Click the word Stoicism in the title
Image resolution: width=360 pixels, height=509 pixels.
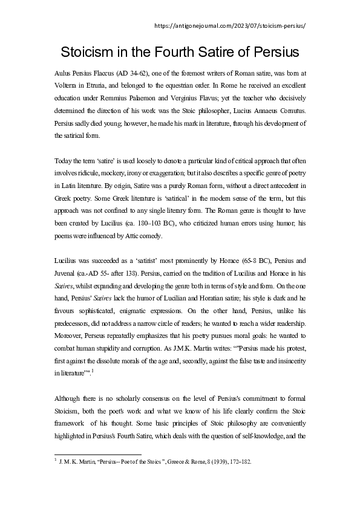coord(89,51)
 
